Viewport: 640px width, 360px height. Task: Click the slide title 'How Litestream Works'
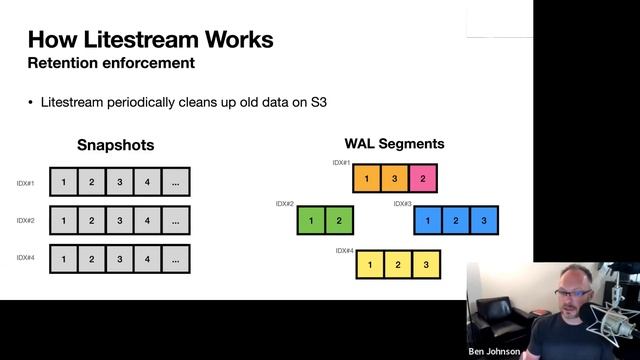pos(150,40)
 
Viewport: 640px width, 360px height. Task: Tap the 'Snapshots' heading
pos(115,145)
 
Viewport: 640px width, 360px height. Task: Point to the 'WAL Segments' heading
pos(394,144)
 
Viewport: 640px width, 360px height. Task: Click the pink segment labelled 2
pos(423,178)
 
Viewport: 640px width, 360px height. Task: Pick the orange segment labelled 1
pos(367,178)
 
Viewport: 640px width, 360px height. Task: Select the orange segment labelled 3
pos(395,178)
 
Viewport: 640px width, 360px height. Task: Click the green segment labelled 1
pos(312,220)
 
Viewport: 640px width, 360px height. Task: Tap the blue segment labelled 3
pos(483,220)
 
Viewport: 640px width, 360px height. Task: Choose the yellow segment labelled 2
pos(398,264)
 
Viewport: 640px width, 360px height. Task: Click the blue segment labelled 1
pos(428,220)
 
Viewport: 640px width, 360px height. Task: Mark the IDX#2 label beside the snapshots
pos(26,220)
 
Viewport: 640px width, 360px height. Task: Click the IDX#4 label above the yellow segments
pos(344,251)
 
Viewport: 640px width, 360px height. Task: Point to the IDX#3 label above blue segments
pos(402,204)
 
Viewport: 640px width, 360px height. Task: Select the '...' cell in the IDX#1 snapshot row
pos(175,182)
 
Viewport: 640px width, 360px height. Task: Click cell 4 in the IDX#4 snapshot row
pos(147,259)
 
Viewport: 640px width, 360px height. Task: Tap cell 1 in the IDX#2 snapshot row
pos(63,220)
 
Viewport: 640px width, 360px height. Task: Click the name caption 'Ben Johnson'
pos(494,352)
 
